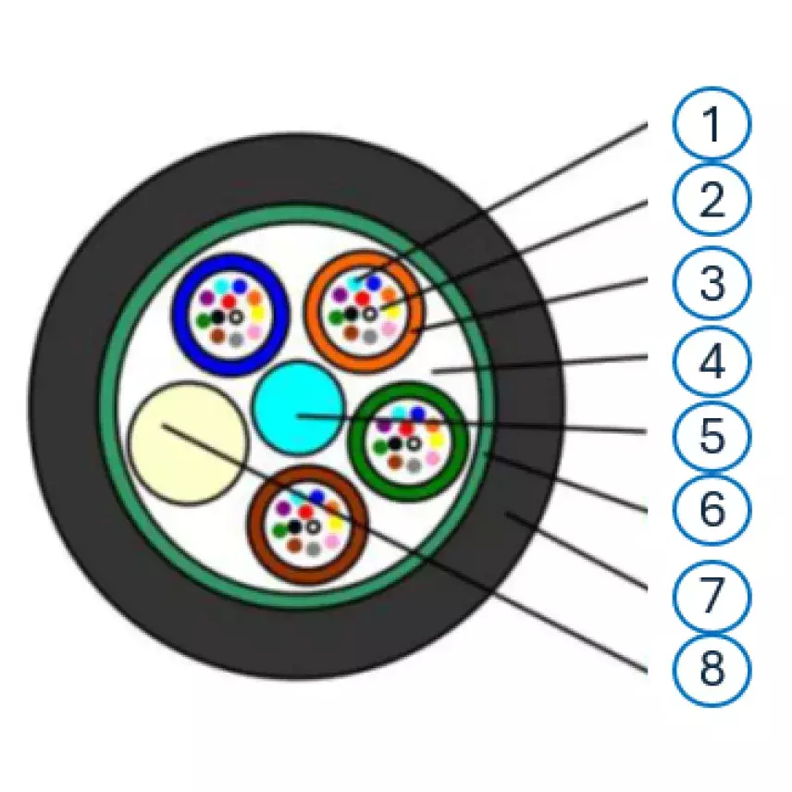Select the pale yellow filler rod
pyautogui.click(x=188, y=443)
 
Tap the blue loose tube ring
pyautogui.click(x=177, y=316)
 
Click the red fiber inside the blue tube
pyautogui.click(x=229, y=302)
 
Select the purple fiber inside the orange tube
pyautogui.click(x=340, y=294)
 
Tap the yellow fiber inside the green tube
pyautogui.click(x=436, y=439)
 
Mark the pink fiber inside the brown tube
pyautogui.click(x=332, y=542)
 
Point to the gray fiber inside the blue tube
pyautogui.click(x=236, y=340)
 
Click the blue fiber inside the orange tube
pyautogui.click(x=374, y=283)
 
